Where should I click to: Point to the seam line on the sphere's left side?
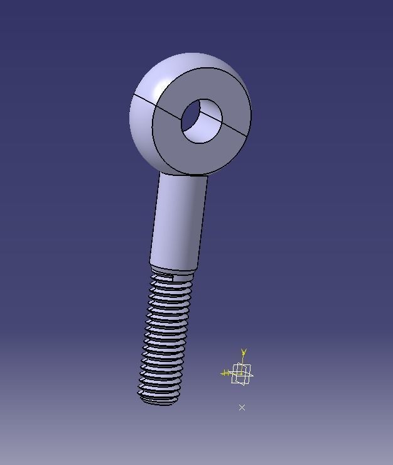pos(143,101)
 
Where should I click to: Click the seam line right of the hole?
pos(236,129)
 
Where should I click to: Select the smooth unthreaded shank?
pos(179,220)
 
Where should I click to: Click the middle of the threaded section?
pos(164,333)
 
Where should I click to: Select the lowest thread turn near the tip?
pos(159,393)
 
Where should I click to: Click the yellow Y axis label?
pos(244,353)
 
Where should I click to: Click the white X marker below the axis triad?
pos(242,407)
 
